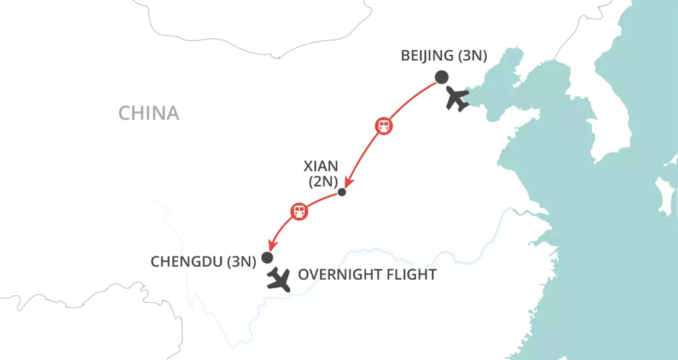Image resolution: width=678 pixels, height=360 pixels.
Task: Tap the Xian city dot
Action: point(342,192)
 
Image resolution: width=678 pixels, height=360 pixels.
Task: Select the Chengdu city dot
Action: point(267,257)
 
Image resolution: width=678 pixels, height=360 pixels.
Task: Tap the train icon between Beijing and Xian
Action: point(384,126)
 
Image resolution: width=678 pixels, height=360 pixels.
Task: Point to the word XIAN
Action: point(322,166)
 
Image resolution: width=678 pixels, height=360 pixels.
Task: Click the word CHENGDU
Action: point(186,262)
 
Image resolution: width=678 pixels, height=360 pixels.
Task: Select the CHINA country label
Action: point(149,113)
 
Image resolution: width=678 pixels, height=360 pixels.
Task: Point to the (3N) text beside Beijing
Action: point(471,56)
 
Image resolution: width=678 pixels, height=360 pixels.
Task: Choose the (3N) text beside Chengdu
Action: point(241,262)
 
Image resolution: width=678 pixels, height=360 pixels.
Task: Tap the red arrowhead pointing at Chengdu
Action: point(270,247)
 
